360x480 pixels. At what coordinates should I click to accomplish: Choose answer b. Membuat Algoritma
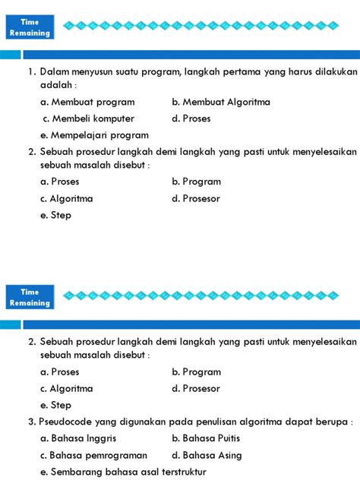pyautogui.click(x=220, y=102)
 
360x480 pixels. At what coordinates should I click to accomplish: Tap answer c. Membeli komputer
pyautogui.click(x=88, y=118)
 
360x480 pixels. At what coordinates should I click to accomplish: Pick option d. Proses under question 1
pyautogui.click(x=191, y=118)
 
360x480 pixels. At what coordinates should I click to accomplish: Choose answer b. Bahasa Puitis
pyautogui.click(x=213, y=438)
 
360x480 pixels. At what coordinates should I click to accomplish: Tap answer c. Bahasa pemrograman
pyautogui.click(x=93, y=455)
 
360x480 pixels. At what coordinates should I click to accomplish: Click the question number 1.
pyautogui.click(x=32, y=72)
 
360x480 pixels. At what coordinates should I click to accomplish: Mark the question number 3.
pyautogui.click(x=32, y=422)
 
